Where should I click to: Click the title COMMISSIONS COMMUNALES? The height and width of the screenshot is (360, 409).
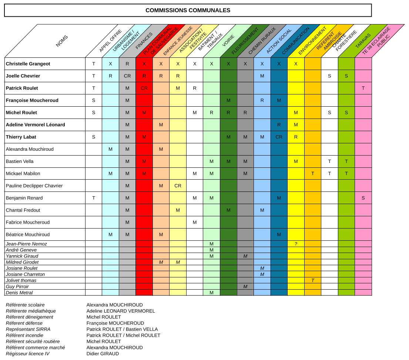tap(188, 10)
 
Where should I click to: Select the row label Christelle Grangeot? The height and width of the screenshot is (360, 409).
tap(28, 64)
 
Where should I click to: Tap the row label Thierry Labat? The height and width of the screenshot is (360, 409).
tap(21, 137)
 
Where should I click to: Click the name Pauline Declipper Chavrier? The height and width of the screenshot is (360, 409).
tap(34, 186)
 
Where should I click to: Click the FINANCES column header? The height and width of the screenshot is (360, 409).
tap(144, 41)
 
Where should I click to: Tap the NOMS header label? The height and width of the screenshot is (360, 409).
tap(62, 41)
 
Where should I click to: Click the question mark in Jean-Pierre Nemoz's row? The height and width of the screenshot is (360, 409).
tap(296, 244)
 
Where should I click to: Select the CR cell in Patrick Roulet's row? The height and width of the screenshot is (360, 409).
tap(144, 88)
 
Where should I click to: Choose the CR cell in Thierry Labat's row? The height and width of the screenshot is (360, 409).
tap(279, 137)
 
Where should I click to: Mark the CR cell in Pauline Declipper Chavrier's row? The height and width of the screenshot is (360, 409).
tap(178, 186)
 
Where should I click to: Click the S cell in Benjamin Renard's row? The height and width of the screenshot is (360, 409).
tap(363, 198)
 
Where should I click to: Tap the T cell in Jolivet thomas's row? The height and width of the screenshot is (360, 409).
tap(312, 280)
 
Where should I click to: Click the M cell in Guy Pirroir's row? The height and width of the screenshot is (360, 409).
tap(245, 287)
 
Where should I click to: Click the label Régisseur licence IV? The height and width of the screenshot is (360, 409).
tap(28, 354)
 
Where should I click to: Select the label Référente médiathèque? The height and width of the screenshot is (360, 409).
tap(31, 311)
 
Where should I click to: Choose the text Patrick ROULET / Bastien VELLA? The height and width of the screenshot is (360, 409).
tap(122, 329)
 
